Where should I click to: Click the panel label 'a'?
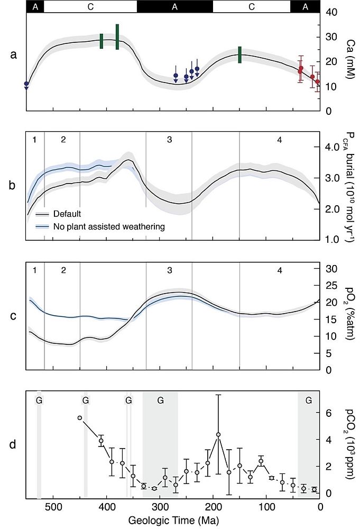point(14,54)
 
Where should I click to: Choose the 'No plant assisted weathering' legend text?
point(109,226)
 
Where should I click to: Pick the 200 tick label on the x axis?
point(213,507)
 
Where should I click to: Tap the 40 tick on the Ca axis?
point(330,12)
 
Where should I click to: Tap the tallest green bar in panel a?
point(117,37)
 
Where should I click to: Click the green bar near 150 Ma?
point(239,54)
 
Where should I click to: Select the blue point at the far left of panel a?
point(26,84)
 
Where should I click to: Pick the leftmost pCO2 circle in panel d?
point(80,418)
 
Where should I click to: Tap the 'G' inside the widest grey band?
point(160,400)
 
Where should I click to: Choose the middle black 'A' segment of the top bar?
point(174,6)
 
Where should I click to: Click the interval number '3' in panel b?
point(169,140)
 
